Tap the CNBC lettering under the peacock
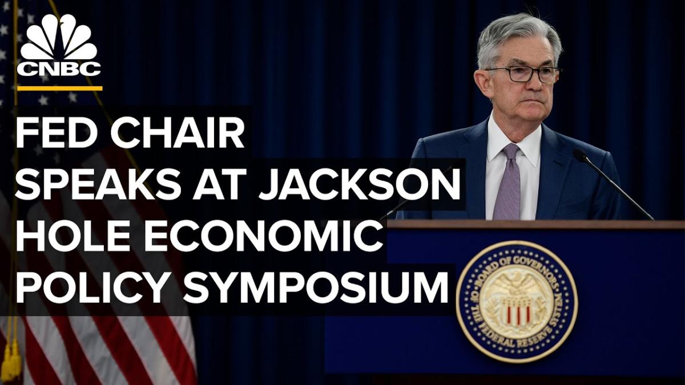(59, 69)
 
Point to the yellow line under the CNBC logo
(60, 88)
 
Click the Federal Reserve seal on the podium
(517, 302)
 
